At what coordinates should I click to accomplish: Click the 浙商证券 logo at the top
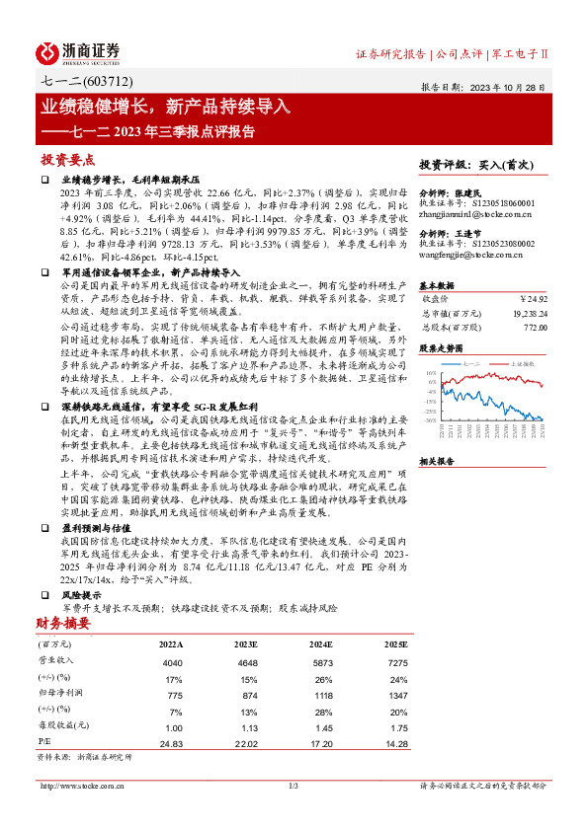point(79,51)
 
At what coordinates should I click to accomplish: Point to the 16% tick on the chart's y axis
point(431,374)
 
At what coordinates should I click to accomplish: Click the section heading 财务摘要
point(64,623)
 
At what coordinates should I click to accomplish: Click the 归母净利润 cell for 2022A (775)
point(167,695)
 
